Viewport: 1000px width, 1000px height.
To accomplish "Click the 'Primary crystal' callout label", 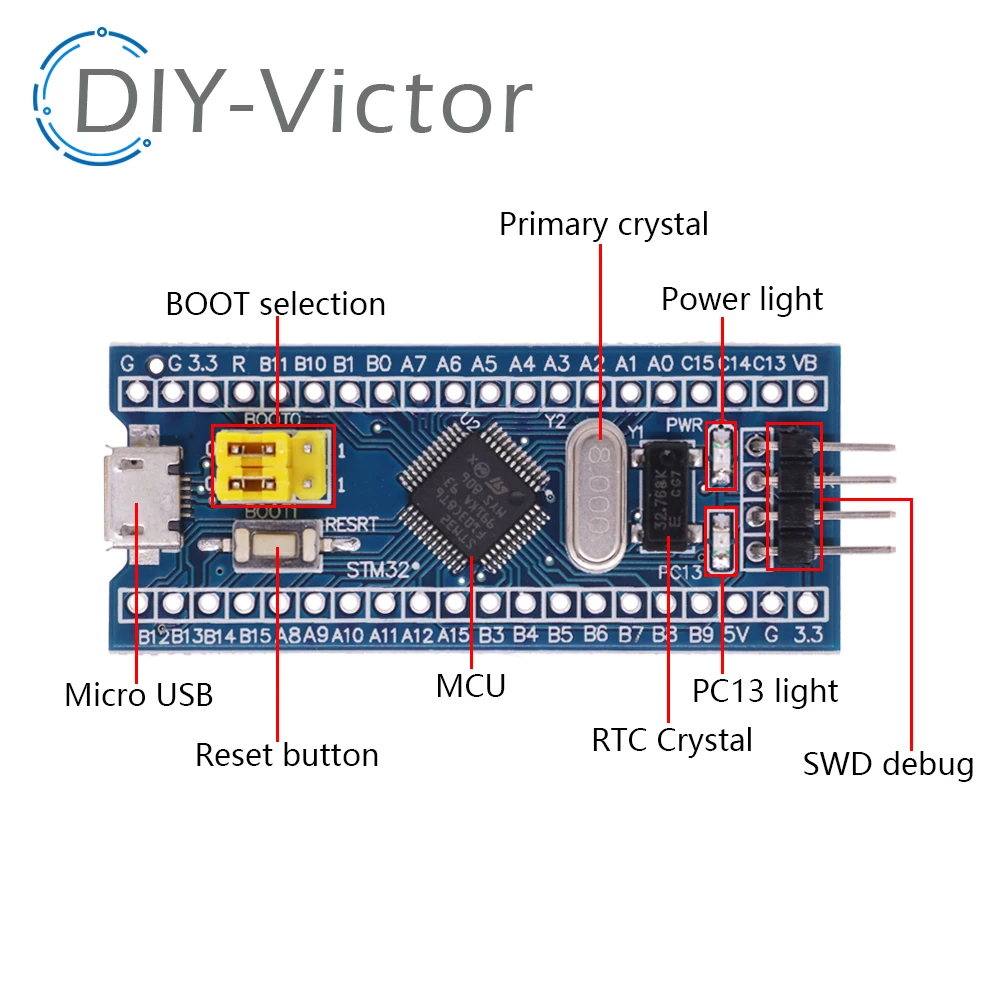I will pyautogui.click(x=603, y=224).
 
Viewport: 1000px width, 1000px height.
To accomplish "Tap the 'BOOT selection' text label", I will pyautogui.click(x=275, y=303).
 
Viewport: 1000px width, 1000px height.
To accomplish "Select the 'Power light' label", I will pyautogui.click(x=742, y=299).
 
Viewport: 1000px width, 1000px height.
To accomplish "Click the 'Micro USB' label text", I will pyautogui.click(x=139, y=695).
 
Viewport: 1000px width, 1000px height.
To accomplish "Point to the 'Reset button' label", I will pyautogui.click(x=287, y=755).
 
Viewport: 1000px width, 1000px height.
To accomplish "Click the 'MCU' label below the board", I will pyautogui.click(x=470, y=687).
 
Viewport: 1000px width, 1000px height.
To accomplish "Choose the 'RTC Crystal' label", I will pyautogui.click(x=672, y=741).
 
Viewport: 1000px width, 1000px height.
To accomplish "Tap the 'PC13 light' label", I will pyautogui.click(x=765, y=691).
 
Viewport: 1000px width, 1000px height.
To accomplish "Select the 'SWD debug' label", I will pyautogui.click(x=888, y=765).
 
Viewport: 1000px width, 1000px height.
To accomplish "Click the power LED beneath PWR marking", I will pyautogui.click(x=720, y=456).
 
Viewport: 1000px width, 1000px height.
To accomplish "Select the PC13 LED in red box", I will pyautogui.click(x=719, y=541).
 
